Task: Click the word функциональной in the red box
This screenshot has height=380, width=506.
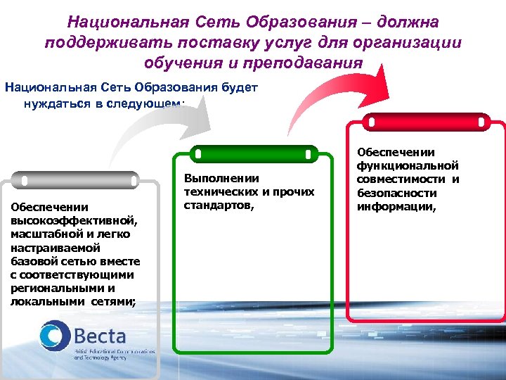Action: (408, 165)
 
